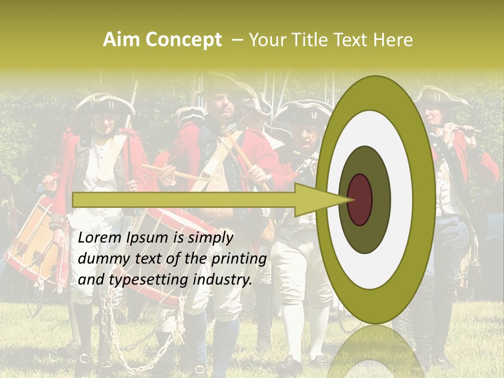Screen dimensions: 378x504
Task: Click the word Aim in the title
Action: pyautogui.click(x=121, y=40)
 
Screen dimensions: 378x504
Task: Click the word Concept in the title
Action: pyautogui.click(x=183, y=40)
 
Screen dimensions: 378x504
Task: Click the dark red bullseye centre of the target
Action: pyautogui.click(x=360, y=199)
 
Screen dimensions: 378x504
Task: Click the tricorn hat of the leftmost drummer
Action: pyautogui.click(x=105, y=103)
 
